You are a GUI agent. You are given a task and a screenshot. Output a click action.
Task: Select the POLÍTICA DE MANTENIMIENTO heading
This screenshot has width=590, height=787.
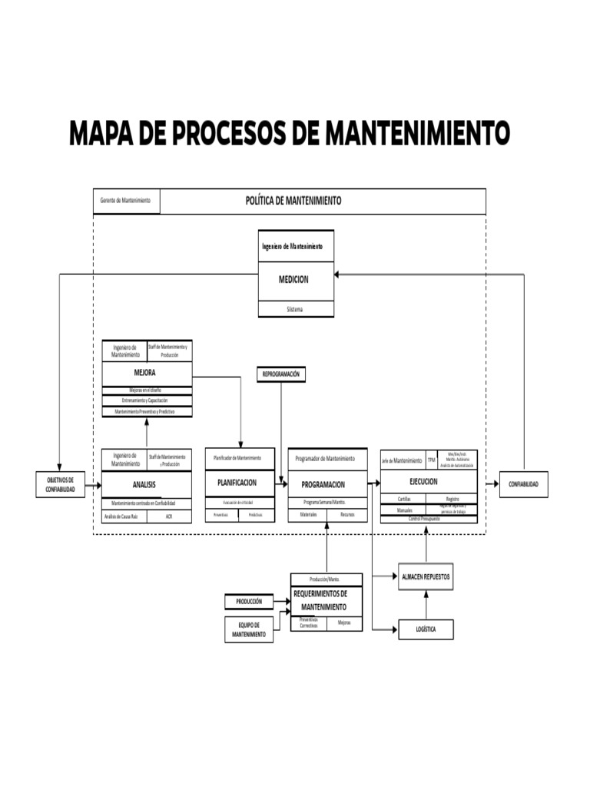[x=293, y=201]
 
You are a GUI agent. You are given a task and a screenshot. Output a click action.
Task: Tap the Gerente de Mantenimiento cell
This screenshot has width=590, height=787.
[x=126, y=201]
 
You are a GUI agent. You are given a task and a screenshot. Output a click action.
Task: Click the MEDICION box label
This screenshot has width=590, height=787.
[x=293, y=280]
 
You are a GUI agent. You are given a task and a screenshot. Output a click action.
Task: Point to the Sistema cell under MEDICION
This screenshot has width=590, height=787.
[x=295, y=309]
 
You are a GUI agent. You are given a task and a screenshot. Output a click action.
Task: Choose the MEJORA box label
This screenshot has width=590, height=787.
[x=145, y=373]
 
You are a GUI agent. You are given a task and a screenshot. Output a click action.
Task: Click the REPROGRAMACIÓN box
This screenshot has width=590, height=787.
[x=281, y=374]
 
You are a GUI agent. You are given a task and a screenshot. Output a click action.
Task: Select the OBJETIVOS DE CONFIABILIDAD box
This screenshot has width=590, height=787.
[x=60, y=485]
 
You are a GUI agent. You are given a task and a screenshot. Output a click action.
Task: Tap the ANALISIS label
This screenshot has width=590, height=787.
[x=144, y=485]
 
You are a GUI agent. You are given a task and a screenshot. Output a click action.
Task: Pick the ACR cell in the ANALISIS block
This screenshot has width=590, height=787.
[x=169, y=516]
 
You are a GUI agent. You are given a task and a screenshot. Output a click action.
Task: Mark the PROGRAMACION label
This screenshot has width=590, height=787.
[x=323, y=485]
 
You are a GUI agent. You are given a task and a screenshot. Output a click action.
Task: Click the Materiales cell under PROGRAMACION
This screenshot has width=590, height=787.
[x=308, y=514]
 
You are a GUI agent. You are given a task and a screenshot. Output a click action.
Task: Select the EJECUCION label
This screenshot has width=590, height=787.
[x=423, y=482]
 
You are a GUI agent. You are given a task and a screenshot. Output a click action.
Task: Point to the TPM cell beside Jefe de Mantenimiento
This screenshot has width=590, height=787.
[x=431, y=460]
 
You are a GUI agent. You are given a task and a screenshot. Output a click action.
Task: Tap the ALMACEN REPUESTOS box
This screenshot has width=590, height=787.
[x=426, y=576]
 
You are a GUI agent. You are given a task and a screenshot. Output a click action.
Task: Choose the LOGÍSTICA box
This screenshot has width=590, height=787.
[x=426, y=629]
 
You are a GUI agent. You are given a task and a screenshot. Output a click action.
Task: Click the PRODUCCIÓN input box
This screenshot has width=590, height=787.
[x=249, y=602]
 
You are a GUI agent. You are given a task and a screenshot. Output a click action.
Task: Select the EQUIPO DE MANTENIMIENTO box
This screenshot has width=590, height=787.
[x=249, y=630]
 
